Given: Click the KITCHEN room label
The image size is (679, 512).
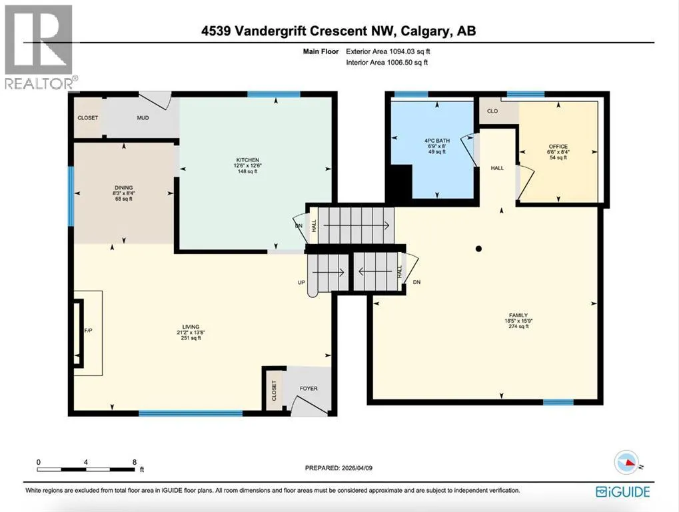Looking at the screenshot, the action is pyautogui.click(x=248, y=160).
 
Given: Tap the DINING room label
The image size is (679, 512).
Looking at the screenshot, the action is pyautogui.click(x=124, y=188).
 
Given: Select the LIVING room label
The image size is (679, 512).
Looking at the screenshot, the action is pyautogui.click(x=191, y=327).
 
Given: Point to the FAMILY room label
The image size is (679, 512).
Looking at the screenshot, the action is pyautogui.click(x=518, y=315).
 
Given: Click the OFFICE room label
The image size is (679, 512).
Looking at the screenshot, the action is pyautogui.click(x=558, y=147).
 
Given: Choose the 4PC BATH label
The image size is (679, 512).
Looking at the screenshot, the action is pyautogui.click(x=437, y=141).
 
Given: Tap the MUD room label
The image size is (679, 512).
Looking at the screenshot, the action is pyautogui.click(x=143, y=118).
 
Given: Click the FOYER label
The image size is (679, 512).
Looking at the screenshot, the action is pyautogui.click(x=309, y=389).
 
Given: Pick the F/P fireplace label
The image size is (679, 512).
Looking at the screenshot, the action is pyautogui.click(x=88, y=331).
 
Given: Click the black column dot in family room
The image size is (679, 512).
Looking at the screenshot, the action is pyautogui.click(x=478, y=249).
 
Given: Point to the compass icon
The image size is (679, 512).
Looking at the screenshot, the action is pyautogui.click(x=626, y=463).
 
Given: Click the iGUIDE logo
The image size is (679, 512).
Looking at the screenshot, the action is pyautogui.click(x=623, y=491).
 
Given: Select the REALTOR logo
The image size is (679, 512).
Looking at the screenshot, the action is pyautogui.click(x=39, y=47).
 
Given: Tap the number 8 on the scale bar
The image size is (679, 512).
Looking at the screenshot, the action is pyautogui.click(x=135, y=462).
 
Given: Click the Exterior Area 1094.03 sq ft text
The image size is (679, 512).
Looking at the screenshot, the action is pyautogui.click(x=388, y=51).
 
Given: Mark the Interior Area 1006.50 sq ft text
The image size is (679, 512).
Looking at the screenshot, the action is pyautogui.click(x=386, y=63).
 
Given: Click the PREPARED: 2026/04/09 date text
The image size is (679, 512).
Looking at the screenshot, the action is pyautogui.click(x=339, y=468).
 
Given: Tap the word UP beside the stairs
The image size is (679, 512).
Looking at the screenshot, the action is pyautogui.click(x=301, y=283).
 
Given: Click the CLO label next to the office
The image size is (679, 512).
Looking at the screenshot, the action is pyautogui.click(x=492, y=111).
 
